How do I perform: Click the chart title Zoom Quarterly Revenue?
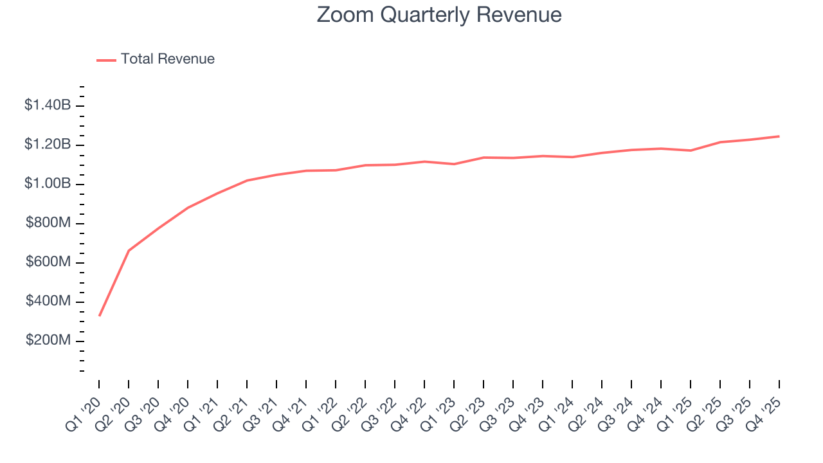439,15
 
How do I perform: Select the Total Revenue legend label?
167,59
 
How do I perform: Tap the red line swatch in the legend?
106,60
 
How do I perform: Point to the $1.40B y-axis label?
48,105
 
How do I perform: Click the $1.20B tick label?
48,144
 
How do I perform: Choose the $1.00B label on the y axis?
48,183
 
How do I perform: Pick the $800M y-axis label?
48,222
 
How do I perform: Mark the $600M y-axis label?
48,262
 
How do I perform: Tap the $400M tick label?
48,301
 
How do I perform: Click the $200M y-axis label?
48,340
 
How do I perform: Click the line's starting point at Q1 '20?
99,316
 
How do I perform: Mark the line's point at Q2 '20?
129,250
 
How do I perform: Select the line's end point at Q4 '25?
779,136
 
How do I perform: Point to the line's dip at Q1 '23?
454,164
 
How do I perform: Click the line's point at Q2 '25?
720,142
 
